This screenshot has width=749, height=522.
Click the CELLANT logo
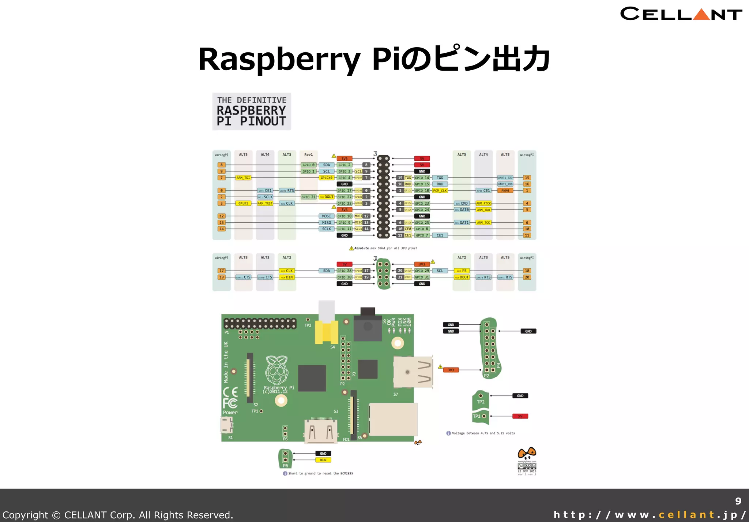coord(681,14)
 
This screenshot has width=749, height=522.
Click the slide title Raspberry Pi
coord(374,59)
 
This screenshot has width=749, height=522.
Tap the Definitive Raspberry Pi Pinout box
coord(252,111)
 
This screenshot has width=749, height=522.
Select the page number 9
coord(738,501)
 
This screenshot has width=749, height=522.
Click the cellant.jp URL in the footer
coord(650,515)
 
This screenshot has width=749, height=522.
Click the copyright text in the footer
coord(118,515)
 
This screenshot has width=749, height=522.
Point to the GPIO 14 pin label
coord(422,178)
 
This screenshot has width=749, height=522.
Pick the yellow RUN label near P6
coord(323,460)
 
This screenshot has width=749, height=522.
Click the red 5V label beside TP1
coord(520,416)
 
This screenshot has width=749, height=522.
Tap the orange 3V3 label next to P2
coord(451,370)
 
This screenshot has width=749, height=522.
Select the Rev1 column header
coord(308,155)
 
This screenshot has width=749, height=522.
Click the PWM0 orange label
coord(505,191)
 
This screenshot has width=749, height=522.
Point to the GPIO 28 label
coord(344,271)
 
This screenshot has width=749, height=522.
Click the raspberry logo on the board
coord(277,370)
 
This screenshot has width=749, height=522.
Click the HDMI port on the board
coord(321,430)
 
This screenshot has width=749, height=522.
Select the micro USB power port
coord(226,425)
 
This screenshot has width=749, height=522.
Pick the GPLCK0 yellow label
coord(326,178)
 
